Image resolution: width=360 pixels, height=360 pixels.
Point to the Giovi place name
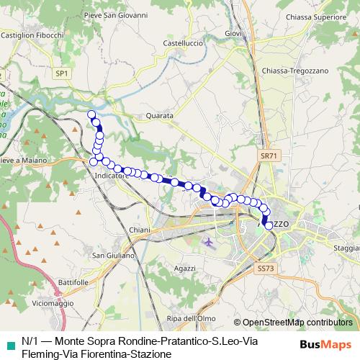click(x=233, y=33)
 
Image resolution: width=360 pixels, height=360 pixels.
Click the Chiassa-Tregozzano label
click(x=295, y=71)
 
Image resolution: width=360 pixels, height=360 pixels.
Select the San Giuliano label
click(x=114, y=256)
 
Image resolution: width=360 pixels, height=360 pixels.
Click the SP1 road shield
click(x=62, y=73)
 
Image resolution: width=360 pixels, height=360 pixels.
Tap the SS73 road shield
click(x=265, y=269)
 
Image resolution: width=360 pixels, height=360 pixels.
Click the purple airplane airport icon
click(x=210, y=243)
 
